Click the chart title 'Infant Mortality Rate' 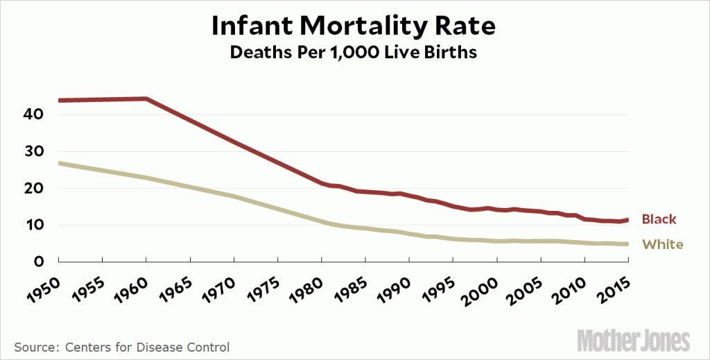tap(354, 26)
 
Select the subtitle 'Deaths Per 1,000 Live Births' tap(354, 53)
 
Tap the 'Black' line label tap(659, 219)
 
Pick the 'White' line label tap(662, 244)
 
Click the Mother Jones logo tap(634, 340)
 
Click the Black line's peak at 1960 tap(146, 98)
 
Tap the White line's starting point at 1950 tap(60, 163)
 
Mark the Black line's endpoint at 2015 tap(628, 220)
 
